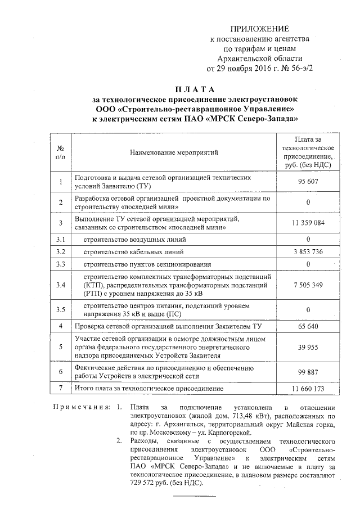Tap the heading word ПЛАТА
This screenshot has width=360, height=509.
tap(195, 89)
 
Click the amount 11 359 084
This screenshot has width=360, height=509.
tap(308, 223)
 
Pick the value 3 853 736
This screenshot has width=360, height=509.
tap(308, 251)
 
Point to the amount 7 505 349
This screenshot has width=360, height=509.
tap(308, 285)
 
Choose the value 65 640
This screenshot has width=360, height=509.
tap(308, 326)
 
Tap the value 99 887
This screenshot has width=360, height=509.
tap(308, 372)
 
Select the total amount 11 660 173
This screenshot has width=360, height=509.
tap(308, 389)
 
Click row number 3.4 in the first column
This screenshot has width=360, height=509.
tap(61, 285)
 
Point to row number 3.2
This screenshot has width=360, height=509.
tap(61, 251)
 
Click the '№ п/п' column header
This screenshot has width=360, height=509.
tap(61, 152)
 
